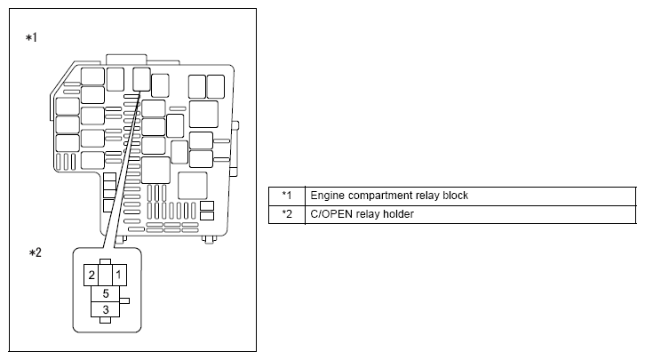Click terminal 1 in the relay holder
coord(118,275)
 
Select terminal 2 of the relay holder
coord(90,275)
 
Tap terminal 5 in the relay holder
coord(105,292)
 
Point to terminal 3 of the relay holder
coord(105,308)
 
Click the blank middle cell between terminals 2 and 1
coord(105,275)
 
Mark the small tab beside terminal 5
coord(124,300)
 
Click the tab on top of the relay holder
coord(105,261)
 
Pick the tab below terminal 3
coord(105,320)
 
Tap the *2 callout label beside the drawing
coord(36,253)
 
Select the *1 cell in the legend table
coord(286,196)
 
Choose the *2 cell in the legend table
coord(286,214)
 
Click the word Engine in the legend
coord(325,196)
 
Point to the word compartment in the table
coord(377,196)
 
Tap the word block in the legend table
coord(455,196)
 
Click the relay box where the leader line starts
coord(141,79)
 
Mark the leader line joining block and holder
coord(123,169)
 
